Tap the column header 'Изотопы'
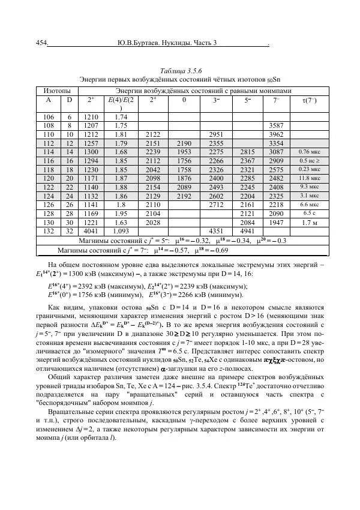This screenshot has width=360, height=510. [x=58, y=89]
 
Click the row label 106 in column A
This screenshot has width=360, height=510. [x=49, y=118]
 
